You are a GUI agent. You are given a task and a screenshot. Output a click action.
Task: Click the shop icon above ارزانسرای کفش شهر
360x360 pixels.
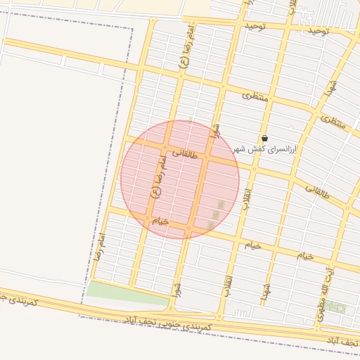tap(264, 138)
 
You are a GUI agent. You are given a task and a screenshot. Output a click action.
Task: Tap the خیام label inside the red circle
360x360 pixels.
tap(161, 221)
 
